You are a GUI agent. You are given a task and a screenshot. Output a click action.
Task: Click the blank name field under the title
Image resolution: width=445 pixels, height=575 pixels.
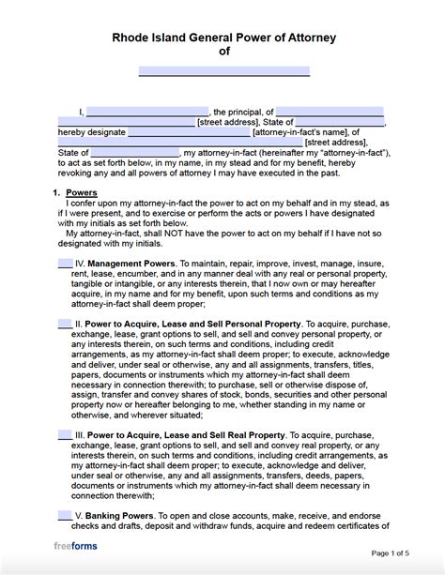coord(223,71)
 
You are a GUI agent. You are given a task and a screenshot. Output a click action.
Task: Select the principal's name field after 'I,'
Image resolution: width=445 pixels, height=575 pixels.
coord(147,111)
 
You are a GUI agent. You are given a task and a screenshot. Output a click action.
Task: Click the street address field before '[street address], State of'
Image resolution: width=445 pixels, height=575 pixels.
coord(126,121)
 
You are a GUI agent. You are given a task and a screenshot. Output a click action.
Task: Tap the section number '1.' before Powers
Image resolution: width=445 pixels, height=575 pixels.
coord(55,192)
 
